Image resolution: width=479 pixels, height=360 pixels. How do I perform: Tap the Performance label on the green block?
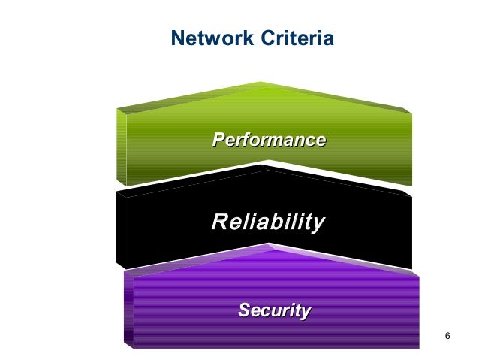pos(269,140)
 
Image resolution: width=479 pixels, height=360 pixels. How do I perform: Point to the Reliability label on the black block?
pos(268,222)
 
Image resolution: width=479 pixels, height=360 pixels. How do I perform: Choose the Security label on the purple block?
pos(274,310)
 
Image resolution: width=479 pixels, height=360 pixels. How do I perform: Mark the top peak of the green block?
pos(261,83)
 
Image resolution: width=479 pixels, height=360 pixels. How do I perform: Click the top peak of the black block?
pos(264,167)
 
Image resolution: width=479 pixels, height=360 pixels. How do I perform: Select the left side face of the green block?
pos(121,147)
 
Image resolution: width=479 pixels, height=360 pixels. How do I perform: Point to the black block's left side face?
pos(121,229)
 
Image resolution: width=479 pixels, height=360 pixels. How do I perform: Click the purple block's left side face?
pos(128,312)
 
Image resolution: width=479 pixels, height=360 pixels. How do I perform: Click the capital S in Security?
pos(244,310)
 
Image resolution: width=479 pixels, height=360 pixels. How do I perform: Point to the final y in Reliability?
pos(318,224)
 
